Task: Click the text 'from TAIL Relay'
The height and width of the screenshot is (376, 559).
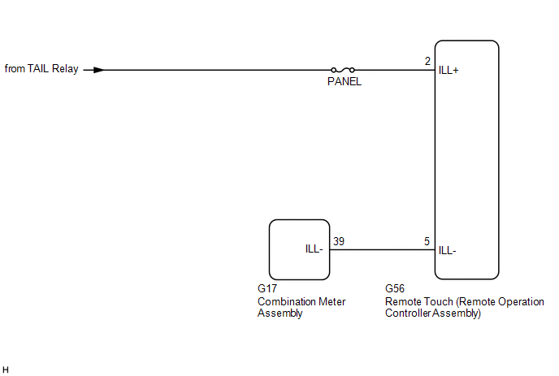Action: pos(41,69)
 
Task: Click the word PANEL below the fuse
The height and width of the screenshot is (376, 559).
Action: pos(344,81)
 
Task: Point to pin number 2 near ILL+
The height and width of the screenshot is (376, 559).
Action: pos(427,62)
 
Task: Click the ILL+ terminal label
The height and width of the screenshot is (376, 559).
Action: pos(448,71)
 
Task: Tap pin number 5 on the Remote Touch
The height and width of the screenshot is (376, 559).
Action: pos(427,241)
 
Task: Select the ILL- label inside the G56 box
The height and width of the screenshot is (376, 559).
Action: pos(447,250)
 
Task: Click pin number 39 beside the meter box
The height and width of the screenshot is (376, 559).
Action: pos(338,241)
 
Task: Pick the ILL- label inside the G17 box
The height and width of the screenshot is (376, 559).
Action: pos(314,250)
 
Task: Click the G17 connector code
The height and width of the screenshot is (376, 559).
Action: pos(267,289)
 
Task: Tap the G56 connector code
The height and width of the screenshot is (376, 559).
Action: pos(395,289)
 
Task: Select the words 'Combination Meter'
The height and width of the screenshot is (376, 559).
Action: pos(301,301)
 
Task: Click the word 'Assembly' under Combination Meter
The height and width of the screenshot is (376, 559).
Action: pos(279,313)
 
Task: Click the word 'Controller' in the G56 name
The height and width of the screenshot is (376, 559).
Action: pos(408,313)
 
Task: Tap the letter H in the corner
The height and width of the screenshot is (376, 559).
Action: pos(6,370)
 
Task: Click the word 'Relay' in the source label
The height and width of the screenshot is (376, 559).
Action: pos(66,69)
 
